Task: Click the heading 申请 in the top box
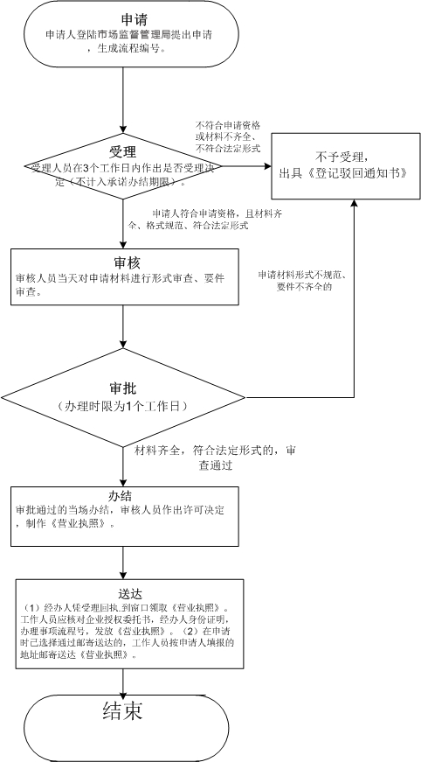pos(127,18)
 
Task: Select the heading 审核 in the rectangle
pos(128,262)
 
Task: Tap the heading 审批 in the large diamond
pos(123,387)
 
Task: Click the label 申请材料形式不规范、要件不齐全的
pos(300,280)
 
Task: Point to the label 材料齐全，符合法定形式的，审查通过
pos(215,458)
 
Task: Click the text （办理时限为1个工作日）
pos(123,408)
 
